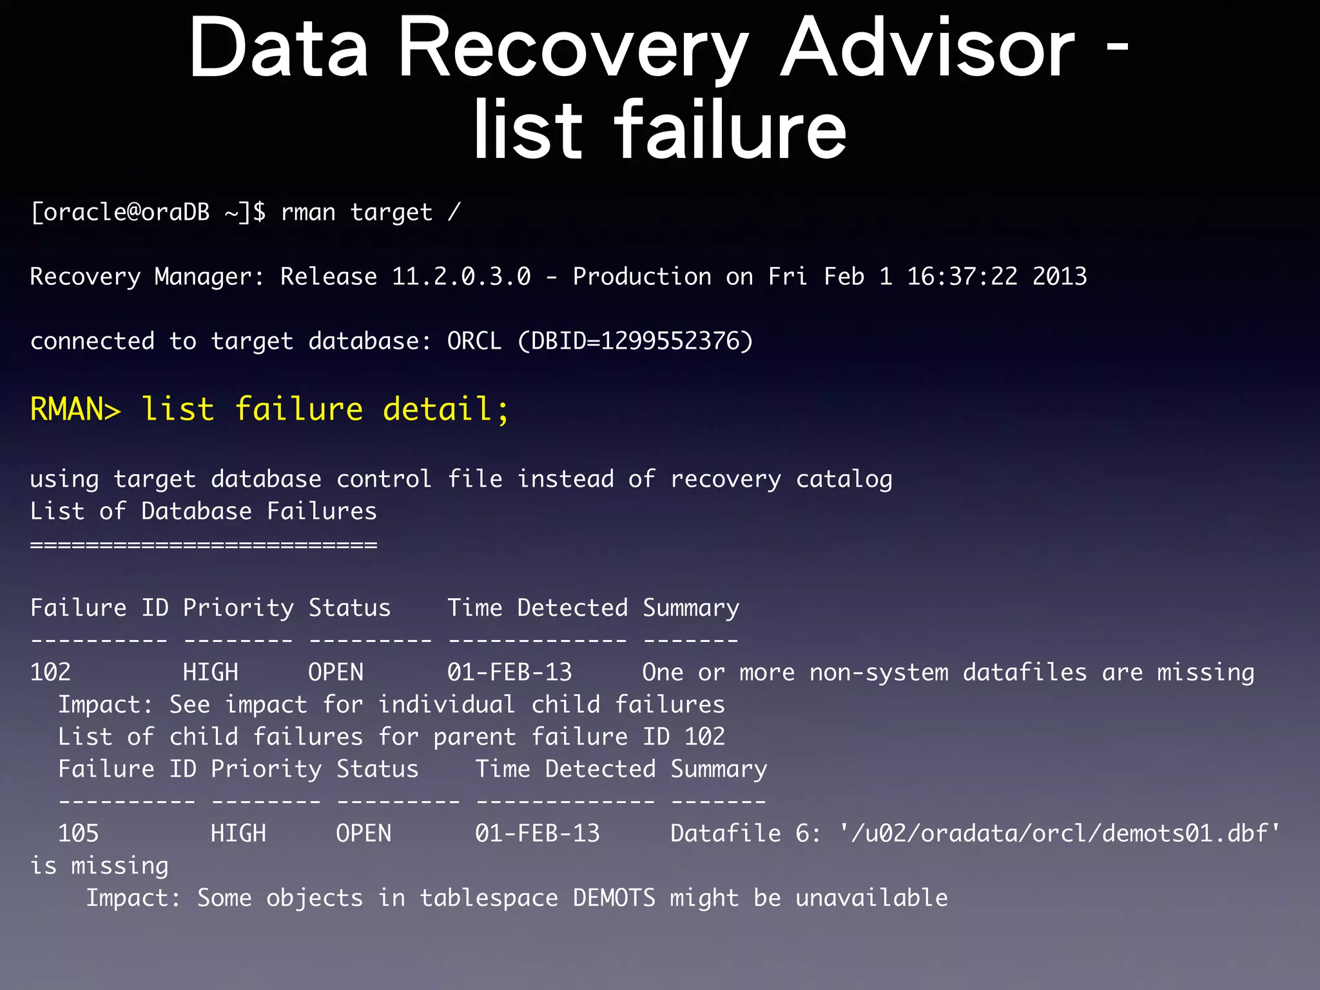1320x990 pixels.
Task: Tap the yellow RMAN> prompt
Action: coord(75,409)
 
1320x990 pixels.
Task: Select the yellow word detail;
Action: coord(446,409)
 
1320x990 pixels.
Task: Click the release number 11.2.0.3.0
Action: coord(461,277)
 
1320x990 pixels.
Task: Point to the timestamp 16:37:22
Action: coord(962,277)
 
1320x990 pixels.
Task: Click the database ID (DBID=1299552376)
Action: coord(635,341)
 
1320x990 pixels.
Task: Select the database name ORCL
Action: coord(474,341)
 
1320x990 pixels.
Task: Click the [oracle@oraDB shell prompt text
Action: coord(120,212)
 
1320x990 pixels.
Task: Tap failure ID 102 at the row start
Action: coord(50,672)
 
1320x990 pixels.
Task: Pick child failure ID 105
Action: coord(78,833)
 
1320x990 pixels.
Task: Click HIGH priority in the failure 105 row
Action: coord(238,833)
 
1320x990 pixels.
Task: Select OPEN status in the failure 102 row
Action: coord(335,672)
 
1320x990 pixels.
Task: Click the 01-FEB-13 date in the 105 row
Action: coord(537,833)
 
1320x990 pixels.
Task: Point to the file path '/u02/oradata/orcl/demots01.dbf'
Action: coord(1059,833)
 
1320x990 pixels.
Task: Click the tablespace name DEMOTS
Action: coord(614,898)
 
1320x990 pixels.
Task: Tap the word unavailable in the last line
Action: coord(871,898)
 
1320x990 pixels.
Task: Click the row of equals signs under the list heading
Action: coord(204,545)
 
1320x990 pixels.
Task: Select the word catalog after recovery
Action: coord(844,480)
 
